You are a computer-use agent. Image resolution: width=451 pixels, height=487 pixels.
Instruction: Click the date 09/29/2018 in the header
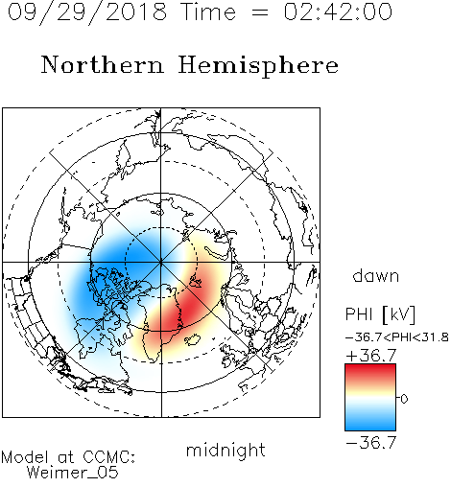[x=87, y=12]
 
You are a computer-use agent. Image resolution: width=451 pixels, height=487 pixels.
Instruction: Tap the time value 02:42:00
[x=338, y=12]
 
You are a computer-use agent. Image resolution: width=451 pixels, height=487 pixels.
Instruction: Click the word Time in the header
[x=208, y=12]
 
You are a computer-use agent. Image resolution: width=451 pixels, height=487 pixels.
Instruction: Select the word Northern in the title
[x=103, y=64]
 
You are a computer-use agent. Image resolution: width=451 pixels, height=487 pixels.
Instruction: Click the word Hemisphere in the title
[x=258, y=66]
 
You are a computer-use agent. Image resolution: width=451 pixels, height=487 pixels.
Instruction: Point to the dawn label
[x=376, y=275]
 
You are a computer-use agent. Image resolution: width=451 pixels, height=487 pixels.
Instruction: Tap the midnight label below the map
[x=225, y=451]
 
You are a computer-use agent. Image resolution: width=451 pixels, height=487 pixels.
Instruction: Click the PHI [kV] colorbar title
[x=380, y=314]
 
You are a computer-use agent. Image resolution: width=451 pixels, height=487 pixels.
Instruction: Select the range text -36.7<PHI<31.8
[x=397, y=337]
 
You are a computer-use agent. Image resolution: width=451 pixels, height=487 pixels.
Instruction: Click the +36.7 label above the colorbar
[x=371, y=355]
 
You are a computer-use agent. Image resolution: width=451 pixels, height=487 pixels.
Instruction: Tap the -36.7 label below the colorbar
[x=371, y=443]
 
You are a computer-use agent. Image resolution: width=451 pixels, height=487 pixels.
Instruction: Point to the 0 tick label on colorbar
[x=404, y=399]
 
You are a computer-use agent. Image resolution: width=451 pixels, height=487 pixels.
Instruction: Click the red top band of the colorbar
[x=370, y=371]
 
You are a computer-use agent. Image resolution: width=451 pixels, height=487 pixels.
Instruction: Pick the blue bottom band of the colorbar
[x=370, y=424]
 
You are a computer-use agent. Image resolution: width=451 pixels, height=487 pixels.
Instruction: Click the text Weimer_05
[x=73, y=472]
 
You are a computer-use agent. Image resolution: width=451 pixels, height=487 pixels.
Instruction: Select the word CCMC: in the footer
[x=108, y=457]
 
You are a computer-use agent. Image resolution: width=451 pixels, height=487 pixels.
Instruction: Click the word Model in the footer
[x=25, y=457]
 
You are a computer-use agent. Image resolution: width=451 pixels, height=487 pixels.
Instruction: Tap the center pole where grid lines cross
[x=161, y=263]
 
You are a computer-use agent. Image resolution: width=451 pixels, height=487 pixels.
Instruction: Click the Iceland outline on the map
[x=192, y=339]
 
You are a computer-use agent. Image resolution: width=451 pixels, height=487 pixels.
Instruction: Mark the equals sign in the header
[x=260, y=13]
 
